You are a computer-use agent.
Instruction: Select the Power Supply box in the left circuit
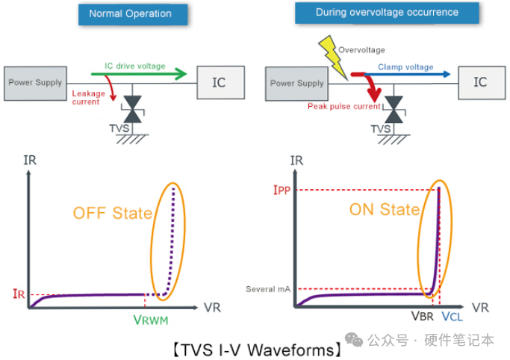[x=34, y=82]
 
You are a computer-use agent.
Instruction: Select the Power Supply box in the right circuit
[x=297, y=83]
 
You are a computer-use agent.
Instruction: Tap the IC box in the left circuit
[x=218, y=82]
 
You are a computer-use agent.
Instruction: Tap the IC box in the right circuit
[x=479, y=82]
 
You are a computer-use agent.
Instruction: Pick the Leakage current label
[x=87, y=98]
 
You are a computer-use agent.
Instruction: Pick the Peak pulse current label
[x=345, y=107]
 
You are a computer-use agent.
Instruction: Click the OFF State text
[x=112, y=213]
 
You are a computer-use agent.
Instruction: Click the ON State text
[x=385, y=210]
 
